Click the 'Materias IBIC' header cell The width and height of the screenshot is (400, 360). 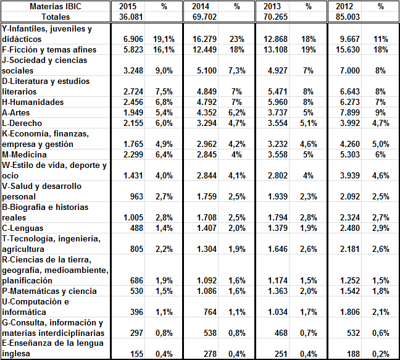point(56,6)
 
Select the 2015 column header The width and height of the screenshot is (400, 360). point(128,6)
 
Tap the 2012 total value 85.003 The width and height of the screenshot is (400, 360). point(348,17)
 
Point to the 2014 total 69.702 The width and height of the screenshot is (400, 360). point(204,17)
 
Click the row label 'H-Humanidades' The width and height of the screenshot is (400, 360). point(33,102)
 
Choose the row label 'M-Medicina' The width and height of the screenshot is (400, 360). point(24,154)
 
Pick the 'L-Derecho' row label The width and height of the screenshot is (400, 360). point(22,123)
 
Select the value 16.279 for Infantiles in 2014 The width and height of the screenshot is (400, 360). point(204,39)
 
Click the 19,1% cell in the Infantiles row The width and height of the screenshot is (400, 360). point(164,39)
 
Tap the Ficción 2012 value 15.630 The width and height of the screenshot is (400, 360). point(348,49)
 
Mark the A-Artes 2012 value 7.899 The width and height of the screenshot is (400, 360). point(350,112)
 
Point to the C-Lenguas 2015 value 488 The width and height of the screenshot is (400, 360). point(136,228)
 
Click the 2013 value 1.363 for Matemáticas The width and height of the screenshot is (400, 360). point(278,291)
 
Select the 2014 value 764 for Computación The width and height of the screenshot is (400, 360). point(210,312)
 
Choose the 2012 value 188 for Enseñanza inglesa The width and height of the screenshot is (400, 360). point(353,354)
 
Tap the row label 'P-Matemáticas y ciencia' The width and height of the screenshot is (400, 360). point(49,291)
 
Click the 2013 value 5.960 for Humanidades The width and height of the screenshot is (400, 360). point(278,102)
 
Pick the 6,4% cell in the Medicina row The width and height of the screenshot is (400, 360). point(164,154)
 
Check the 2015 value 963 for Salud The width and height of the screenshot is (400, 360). point(136,196)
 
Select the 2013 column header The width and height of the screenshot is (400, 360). point(272,6)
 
